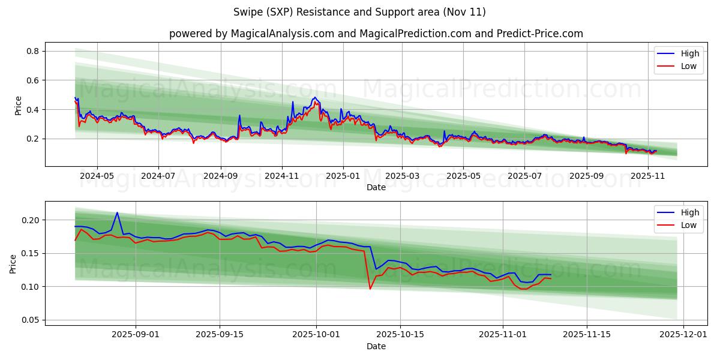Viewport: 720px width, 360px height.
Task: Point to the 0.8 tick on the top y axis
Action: point(31,52)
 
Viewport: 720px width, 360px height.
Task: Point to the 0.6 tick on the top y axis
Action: point(31,80)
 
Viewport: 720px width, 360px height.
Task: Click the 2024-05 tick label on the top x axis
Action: point(97,176)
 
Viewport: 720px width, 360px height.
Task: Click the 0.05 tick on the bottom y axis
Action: point(29,320)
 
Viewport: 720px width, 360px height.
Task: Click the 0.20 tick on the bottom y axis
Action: point(29,220)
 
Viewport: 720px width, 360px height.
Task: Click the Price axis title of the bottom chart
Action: point(14,263)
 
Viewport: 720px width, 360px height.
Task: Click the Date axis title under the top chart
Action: point(376,187)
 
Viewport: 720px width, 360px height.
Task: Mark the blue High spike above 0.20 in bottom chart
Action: point(117,213)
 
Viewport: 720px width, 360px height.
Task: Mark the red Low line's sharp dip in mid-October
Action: point(370,288)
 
